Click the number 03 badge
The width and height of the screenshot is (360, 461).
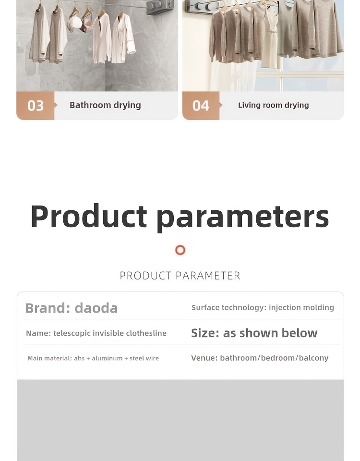point(35,106)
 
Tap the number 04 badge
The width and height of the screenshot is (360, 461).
point(201,106)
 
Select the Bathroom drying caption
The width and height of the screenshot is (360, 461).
point(105,105)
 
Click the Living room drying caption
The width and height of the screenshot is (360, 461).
point(273,105)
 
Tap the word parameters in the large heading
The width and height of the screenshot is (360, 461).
point(242,218)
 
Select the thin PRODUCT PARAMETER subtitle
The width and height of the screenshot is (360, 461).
point(180,276)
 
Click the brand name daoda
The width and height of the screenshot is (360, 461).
point(96,308)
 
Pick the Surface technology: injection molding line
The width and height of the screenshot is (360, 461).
point(263,307)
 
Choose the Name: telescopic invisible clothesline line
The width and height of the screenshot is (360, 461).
point(96,333)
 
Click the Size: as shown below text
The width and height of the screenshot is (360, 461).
point(254,333)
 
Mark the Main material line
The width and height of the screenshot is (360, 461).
point(93,358)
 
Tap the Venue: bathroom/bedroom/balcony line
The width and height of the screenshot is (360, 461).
point(260,358)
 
